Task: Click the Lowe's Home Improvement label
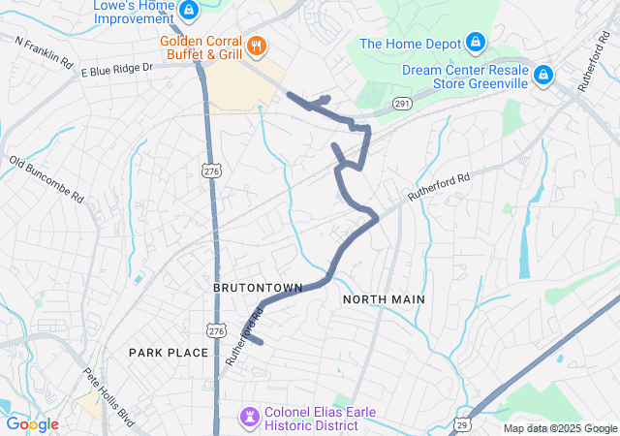[x=134, y=12]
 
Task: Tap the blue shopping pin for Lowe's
[x=189, y=11]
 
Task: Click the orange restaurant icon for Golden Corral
[x=256, y=45]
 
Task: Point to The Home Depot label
[x=408, y=43]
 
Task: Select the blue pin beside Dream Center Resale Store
[x=543, y=74]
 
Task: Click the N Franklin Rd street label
[x=45, y=51]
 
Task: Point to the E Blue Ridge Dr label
[x=117, y=70]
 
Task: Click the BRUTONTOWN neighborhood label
[x=259, y=288]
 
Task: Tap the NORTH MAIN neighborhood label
[x=384, y=299]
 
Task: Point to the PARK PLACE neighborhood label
[x=169, y=353]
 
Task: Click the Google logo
[x=33, y=424]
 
